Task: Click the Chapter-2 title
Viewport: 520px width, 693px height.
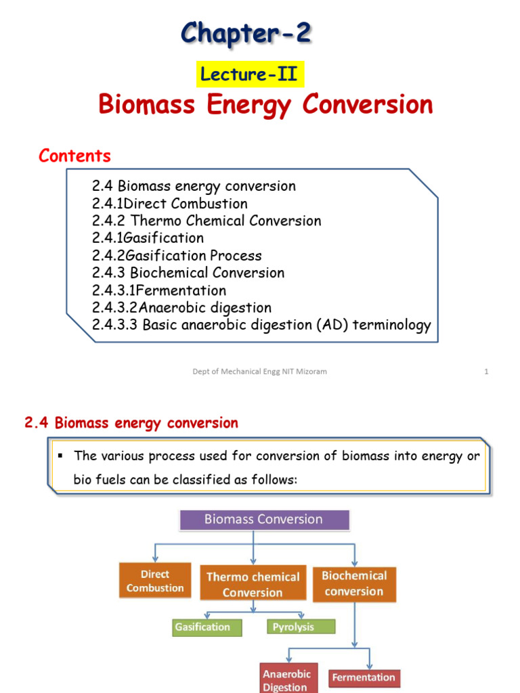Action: pyautogui.click(x=246, y=32)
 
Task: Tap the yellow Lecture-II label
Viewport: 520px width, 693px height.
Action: pyautogui.click(x=250, y=74)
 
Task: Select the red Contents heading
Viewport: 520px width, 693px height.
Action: pyautogui.click(x=74, y=156)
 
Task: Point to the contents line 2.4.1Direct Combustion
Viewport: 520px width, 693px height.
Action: pyautogui.click(x=170, y=204)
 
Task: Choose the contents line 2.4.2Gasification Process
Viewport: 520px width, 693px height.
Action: pyautogui.click(x=177, y=256)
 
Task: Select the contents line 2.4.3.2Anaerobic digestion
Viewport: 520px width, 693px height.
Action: pyautogui.click(x=181, y=308)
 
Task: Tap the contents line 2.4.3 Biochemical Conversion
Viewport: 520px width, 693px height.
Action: pyautogui.click(x=188, y=273)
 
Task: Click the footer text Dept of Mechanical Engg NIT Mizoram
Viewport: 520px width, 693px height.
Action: pyautogui.click(x=259, y=372)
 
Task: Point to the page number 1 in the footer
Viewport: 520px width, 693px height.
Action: pyautogui.click(x=486, y=372)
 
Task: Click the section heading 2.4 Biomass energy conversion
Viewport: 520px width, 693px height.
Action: pyautogui.click(x=131, y=424)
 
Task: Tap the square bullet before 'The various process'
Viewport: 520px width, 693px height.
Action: pyautogui.click(x=60, y=455)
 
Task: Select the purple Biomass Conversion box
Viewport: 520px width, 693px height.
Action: pyautogui.click(x=264, y=520)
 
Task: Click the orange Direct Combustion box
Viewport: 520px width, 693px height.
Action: pyautogui.click(x=155, y=581)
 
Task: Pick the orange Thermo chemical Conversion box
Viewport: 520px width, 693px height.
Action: pyautogui.click(x=253, y=585)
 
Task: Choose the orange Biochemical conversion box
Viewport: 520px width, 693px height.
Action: pyautogui.click(x=354, y=583)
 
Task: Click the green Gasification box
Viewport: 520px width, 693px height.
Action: pyautogui.click(x=202, y=627)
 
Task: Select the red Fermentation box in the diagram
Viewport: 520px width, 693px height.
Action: pyautogui.click(x=364, y=677)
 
